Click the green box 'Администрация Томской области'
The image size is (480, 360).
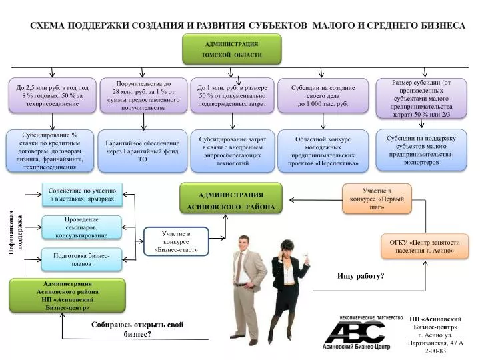(x=232, y=49)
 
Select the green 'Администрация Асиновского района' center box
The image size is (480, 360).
(x=231, y=198)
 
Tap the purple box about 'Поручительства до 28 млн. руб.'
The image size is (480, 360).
(x=143, y=95)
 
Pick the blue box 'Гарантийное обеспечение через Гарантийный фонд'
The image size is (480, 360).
(x=143, y=151)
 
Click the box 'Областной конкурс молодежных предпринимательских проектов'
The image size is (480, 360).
(x=323, y=151)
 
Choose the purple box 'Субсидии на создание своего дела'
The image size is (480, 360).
(x=323, y=95)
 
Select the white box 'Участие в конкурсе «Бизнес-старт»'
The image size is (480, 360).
(x=176, y=241)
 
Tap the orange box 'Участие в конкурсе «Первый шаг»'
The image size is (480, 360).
(x=377, y=199)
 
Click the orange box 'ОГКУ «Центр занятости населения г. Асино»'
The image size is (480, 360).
(x=425, y=247)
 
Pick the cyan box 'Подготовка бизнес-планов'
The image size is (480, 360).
(x=81, y=259)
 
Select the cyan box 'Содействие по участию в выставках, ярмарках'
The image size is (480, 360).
(x=82, y=195)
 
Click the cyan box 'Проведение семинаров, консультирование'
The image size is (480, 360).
(x=81, y=227)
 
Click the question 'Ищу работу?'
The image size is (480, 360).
(x=361, y=276)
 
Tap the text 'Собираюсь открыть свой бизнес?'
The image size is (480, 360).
(x=137, y=329)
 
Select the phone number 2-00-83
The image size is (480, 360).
(x=435, y=351)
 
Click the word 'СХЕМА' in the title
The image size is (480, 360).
(x=47, y=25)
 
